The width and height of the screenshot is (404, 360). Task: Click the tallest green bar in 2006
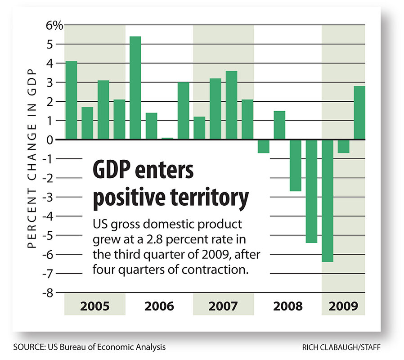(135, 88)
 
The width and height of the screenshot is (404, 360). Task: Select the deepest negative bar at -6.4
(328, 200)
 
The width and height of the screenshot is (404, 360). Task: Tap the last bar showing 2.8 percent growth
(359, 112)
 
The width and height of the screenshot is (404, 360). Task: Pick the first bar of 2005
(71, 100)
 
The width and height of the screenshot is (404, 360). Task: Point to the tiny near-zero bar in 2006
(167, 139)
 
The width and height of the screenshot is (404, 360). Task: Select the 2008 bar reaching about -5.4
(311, 191)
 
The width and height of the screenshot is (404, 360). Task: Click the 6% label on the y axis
(54, 26)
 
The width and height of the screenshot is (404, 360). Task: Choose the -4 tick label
(55, 216)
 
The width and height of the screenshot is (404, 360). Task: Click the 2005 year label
(94, 306)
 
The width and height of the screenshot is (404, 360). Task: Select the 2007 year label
(223, 306)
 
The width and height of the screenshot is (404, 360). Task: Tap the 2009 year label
(343, 306)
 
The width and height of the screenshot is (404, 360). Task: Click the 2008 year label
(287, 306)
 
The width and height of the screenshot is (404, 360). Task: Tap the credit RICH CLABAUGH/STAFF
(344, 347)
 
